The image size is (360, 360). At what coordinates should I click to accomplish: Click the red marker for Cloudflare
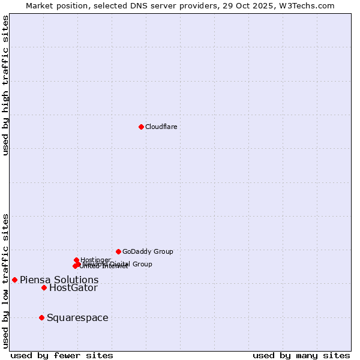[141, 127]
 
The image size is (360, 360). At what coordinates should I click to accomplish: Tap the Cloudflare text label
[161, 127]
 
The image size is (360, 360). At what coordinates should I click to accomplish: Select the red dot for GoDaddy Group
[118, 251]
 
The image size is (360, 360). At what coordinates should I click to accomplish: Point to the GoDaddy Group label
[148, 251]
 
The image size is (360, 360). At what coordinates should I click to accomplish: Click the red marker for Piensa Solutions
[14, 280]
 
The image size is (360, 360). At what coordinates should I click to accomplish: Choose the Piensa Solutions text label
[59, 280]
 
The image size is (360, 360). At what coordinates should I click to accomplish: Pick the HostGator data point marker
[44, 287]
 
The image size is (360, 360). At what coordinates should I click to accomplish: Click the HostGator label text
[73, 288]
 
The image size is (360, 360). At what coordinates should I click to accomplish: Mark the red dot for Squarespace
[41, 317]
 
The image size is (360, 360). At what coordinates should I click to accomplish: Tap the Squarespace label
[77, 318]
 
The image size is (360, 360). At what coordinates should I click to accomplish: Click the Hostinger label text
[95, 260]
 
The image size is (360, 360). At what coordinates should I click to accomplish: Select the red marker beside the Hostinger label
[76, 260]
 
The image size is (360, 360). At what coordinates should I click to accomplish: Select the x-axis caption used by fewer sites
[62, 355]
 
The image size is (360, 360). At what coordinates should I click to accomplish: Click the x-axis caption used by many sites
[301, 355]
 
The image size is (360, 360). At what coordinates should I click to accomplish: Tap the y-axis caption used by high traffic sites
[6, 85]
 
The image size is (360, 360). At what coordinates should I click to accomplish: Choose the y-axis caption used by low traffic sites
[6, 281]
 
